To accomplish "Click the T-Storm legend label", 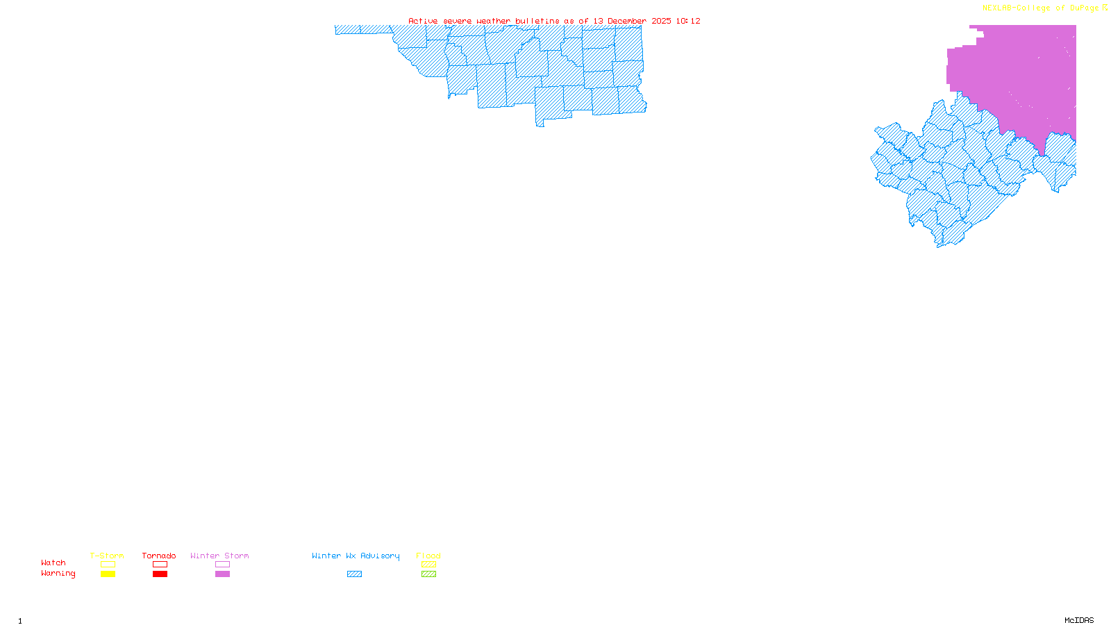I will pos(107,556).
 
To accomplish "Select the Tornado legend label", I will pos(159,556).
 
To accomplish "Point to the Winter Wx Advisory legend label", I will pos(356,556).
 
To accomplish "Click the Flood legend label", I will pos(428,556).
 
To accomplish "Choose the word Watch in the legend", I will pos(53,562).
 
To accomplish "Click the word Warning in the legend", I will pos(58,574).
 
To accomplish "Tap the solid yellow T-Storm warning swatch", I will pos(108,574).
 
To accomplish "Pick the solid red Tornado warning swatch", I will pos(160,574).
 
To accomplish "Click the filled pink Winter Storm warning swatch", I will pos(222,574).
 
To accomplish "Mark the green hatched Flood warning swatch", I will pos(429,574).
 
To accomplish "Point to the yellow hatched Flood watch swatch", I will pos(429,565).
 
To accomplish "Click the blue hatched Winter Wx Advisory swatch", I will pos(355,574).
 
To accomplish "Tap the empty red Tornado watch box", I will pos(160,565).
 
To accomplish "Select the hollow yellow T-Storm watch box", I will pos(108,565).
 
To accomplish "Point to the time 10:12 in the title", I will pos(688,21).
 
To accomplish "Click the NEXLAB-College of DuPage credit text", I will pos(1041,8).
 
